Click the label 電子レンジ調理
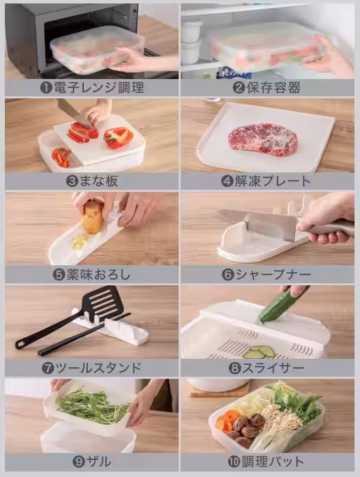click(98, 88)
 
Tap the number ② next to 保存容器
click(238, 88)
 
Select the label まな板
click(99, 181)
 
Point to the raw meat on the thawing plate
click(262, 140)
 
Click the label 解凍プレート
click(273, 181)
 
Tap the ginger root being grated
click(92, 217)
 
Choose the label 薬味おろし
click(98, 275)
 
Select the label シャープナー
click(273, 275)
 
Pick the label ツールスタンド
click(98, 368)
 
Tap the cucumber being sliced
click(280, 304)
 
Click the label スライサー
click(273, 368)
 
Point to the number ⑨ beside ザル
click(78, 462)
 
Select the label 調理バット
click(273, 462)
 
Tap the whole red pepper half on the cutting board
click(118, 137)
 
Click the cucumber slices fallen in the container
click(260, 353)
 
